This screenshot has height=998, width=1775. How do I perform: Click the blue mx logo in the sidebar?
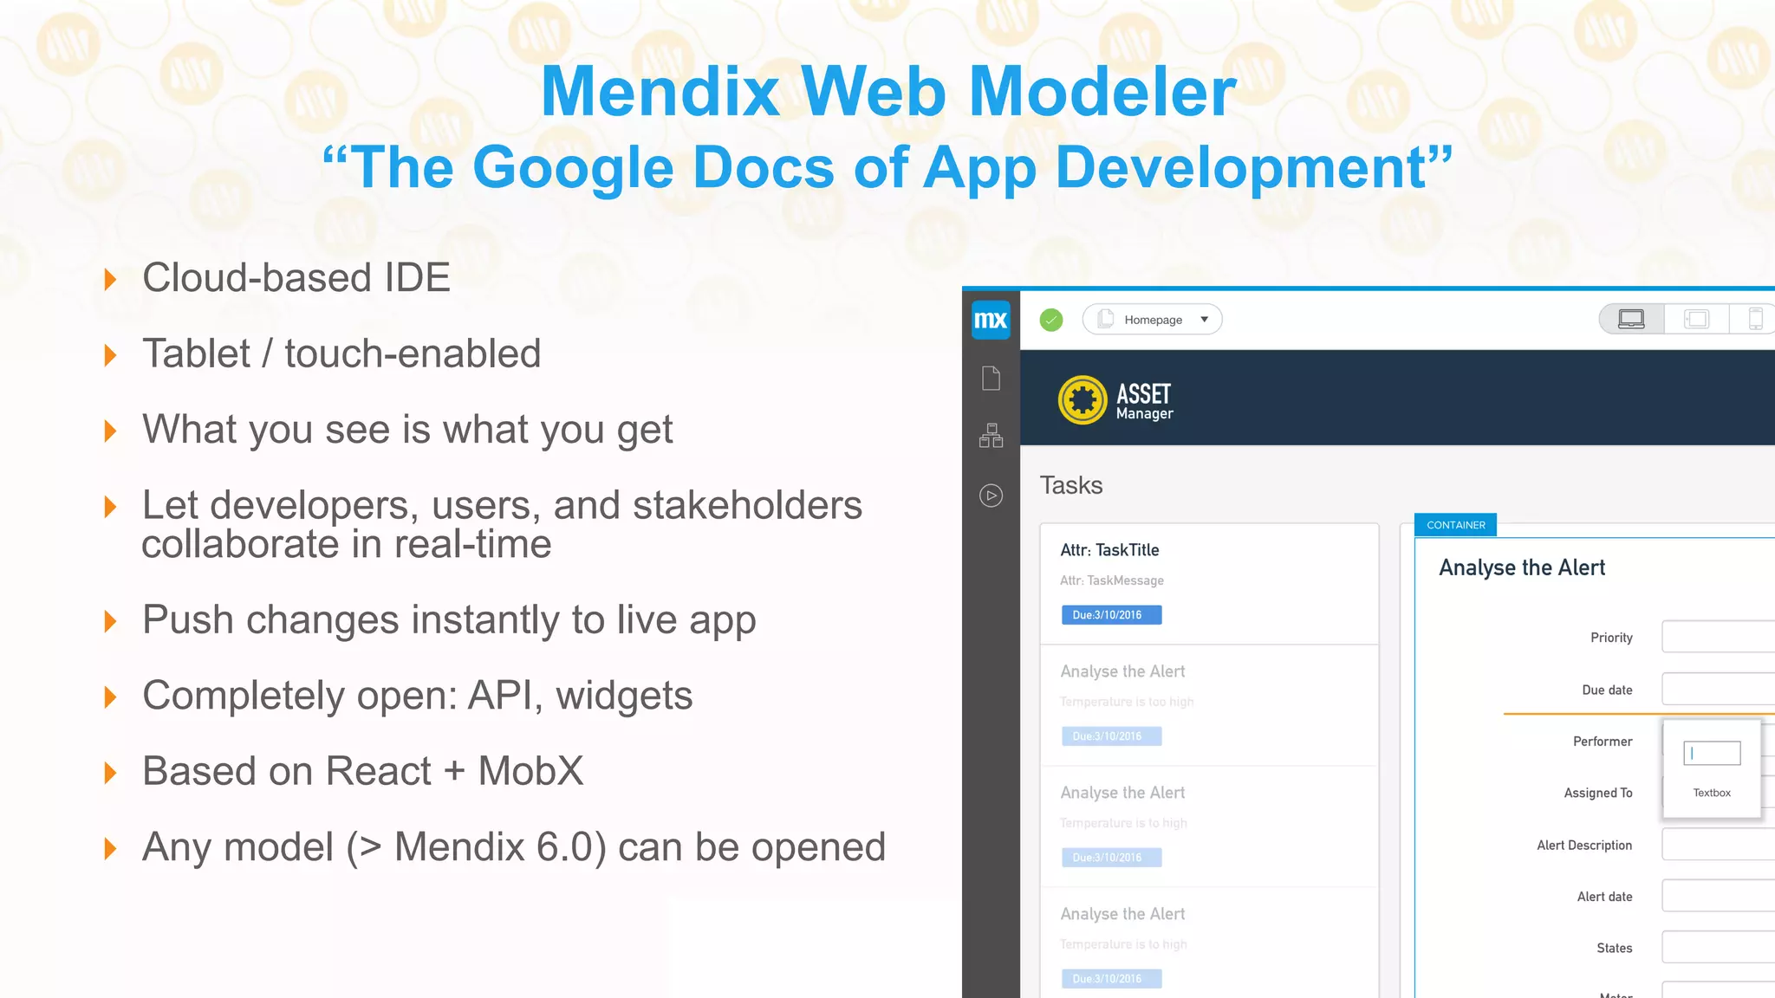click(991, 320)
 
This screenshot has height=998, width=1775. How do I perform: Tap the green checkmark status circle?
click(1051, 320)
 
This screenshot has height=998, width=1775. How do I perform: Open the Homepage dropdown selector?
click(1152, 320)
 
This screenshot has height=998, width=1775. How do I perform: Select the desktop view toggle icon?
click(1631, 319)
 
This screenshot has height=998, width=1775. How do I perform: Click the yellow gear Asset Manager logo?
click(1083, 400)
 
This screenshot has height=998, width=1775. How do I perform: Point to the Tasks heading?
click(1071, 485)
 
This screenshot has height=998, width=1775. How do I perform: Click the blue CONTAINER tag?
click(1455, 525)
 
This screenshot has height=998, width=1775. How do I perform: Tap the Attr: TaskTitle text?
click(1109, 550)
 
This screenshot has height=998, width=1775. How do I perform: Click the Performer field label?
click(1603, 742)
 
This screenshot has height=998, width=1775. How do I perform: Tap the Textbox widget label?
click(1712, 793)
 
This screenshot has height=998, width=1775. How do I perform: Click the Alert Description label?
click(1584, 846)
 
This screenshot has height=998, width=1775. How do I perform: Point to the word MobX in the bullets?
click(530, 771)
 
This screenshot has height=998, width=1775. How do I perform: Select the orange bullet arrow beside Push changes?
click(110, 621)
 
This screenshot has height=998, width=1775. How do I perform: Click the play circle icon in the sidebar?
click(991, 496)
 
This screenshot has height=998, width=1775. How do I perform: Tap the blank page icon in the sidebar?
click(991, 379)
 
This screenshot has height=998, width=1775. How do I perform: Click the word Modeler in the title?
click(1102, 92)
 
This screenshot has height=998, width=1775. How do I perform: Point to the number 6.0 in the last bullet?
click(568, 847)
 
